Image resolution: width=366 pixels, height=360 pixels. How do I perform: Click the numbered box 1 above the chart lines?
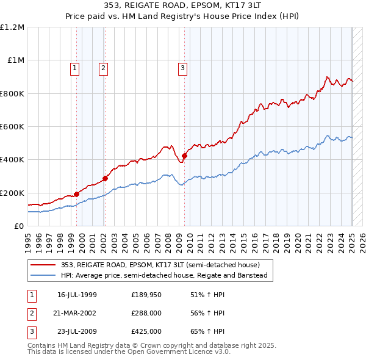click(74, 68)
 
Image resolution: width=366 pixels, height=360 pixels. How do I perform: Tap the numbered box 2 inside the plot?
click(104, 68)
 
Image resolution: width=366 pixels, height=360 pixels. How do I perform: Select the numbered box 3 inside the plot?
click(182, 68)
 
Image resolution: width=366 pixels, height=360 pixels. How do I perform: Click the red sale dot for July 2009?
click(184, 156)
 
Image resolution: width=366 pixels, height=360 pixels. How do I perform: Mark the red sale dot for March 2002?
click(105, 178)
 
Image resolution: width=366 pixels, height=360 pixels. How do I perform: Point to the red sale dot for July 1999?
click(76, 195)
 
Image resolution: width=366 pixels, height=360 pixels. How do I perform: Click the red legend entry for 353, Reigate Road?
click(160, 265)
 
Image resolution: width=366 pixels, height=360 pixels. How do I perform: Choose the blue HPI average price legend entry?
click(165, 275)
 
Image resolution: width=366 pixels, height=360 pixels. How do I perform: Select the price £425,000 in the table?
click(146, 331)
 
